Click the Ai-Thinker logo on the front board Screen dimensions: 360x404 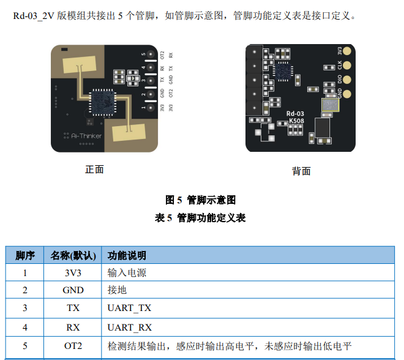point(83,136)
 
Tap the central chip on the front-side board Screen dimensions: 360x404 point(100,101)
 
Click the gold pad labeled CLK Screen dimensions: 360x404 point(348,65)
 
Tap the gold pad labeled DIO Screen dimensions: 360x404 point(348,79)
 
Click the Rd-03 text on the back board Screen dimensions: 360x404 point(295,114)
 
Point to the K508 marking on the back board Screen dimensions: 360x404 point(296,121)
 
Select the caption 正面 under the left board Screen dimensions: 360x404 point(94,170)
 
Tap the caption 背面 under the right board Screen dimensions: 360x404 point(301,171)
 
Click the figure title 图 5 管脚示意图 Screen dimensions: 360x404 point(201,200)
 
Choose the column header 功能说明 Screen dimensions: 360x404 point(127,255)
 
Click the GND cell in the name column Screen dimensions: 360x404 point(73,290)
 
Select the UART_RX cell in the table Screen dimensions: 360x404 point(129,327)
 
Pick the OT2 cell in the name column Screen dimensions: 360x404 point(73,346)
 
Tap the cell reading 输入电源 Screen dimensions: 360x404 point(127,272)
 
